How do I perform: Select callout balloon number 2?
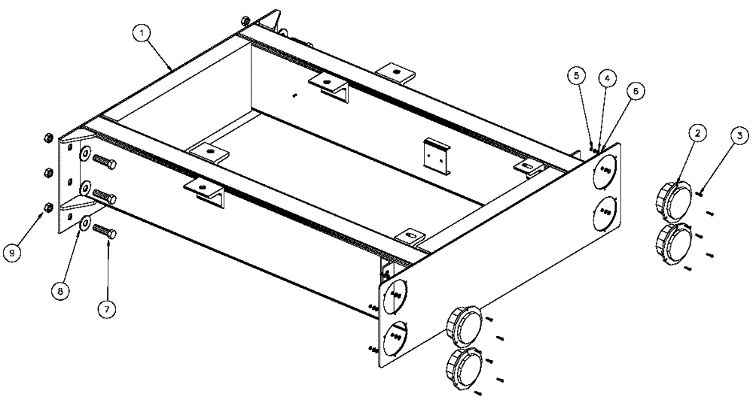[699, 133]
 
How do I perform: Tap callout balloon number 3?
[740, 135]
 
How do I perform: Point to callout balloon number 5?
[576, 75]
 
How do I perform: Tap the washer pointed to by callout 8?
[84, 223]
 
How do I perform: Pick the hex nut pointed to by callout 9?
[47, 208]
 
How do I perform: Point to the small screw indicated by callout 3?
[700, 192]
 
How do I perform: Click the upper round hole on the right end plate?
[604, 174]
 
